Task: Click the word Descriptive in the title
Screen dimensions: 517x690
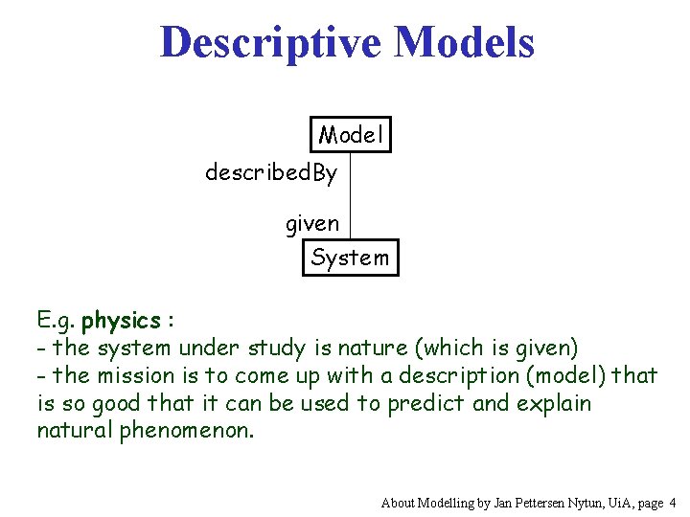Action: [272, 42]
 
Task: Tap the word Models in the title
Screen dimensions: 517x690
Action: [465, 42]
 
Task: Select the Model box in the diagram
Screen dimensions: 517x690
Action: [351, 135]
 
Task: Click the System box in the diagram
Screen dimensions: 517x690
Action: [350, 258]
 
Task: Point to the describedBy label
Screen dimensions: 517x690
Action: [271, 173]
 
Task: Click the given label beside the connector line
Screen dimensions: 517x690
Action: [312, 224]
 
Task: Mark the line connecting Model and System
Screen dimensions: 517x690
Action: [351, 195]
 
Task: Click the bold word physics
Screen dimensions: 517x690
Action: [121, 319]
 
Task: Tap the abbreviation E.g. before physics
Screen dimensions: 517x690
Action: [57, 320]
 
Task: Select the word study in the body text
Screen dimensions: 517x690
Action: [279, 347]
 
